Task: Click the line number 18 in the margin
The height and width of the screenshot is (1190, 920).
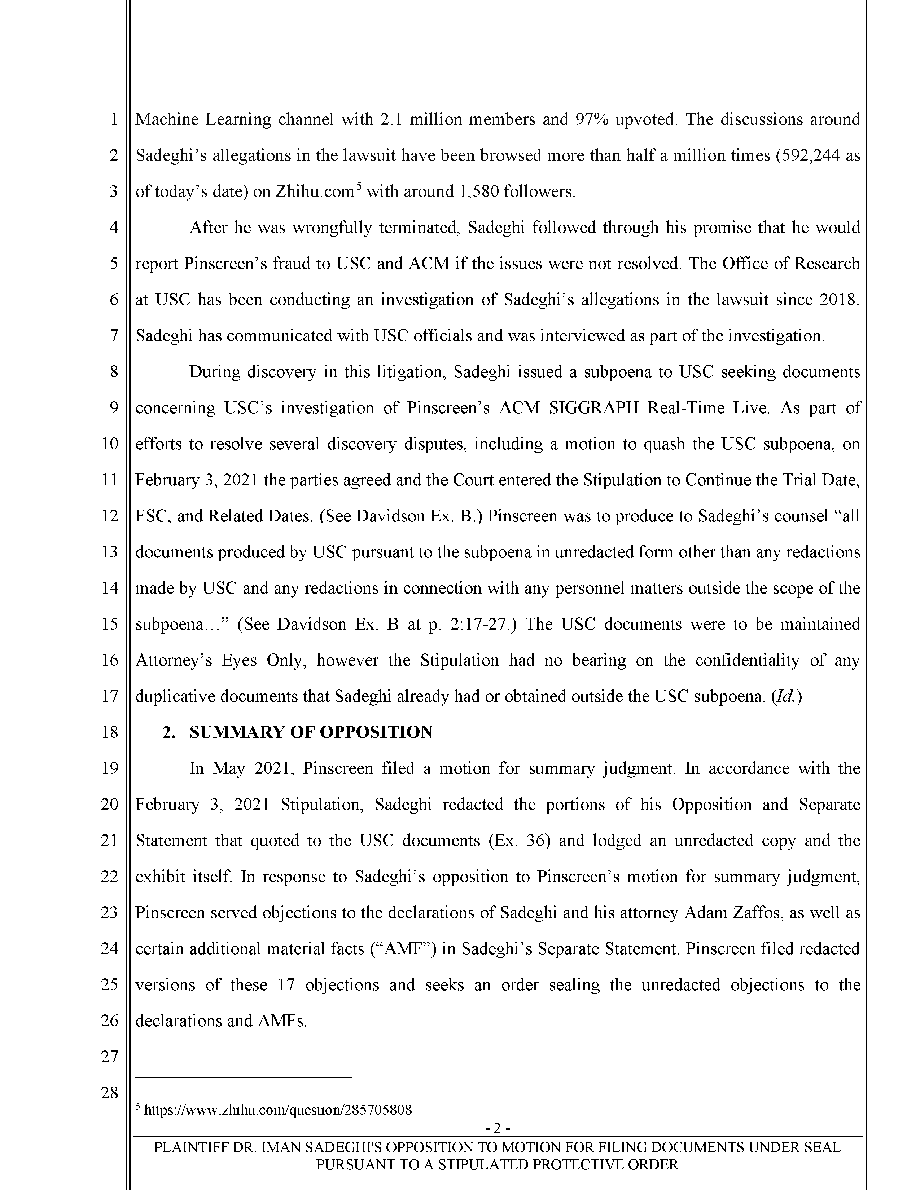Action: tap(110, 732)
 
